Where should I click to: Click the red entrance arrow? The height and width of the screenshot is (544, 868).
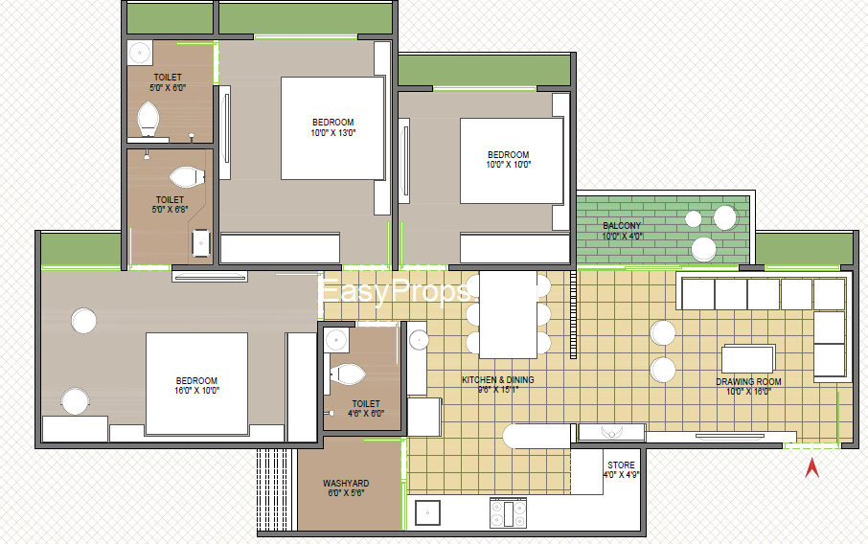click(812, 468)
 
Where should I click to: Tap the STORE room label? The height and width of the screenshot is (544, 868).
click(621, 465)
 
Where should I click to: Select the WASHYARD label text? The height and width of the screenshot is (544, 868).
click(346, 483)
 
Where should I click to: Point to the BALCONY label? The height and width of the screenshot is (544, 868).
click(622, 226)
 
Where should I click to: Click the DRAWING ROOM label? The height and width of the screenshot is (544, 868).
click(748, 382)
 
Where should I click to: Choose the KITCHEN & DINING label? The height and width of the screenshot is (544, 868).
click(498, 379)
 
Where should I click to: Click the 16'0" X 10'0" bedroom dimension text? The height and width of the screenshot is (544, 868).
click(197, 390)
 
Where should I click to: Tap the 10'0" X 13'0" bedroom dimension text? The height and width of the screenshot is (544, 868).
click(333, 133)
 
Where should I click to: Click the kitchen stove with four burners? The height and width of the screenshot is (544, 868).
click(508, 513)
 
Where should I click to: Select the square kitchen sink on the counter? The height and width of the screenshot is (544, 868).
click(427, 512)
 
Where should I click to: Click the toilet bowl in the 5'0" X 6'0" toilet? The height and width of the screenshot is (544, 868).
click(148, 119)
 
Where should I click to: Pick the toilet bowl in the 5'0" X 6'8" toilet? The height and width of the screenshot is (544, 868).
click(187, 177)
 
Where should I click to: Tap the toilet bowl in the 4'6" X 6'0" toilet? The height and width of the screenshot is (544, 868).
click(347, 374)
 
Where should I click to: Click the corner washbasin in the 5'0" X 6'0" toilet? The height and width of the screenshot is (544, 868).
click(140, 53)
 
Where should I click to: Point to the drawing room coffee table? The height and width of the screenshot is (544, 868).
click(748, 358)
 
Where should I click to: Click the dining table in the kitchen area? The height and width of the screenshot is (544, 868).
click(508, 314)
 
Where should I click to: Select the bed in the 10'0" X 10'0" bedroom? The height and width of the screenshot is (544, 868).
click(512, 161)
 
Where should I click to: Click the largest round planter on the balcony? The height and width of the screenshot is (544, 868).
click(725, 217)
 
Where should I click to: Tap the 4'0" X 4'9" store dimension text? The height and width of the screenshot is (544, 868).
click(621, 475)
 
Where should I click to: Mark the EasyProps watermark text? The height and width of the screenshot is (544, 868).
click(394, 291)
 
